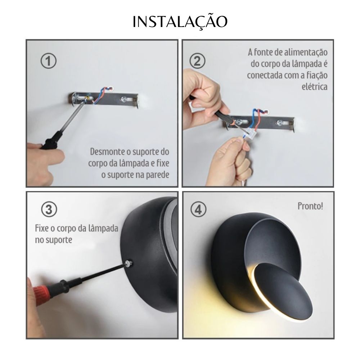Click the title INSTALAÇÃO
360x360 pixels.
coord(180,22)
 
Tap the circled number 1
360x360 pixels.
coord(49,61)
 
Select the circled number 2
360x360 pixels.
coord(197,61)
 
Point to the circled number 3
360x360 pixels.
coord(49,210)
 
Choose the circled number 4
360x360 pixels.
coord(198,210)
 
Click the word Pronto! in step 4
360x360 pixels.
coord(310,206)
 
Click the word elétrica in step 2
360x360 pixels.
coord(315,87)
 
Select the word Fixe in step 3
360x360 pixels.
coord(42,228)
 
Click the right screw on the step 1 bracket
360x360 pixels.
coord(124,99)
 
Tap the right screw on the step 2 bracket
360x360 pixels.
coord(280,122)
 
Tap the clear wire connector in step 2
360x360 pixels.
coord(249,133)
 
